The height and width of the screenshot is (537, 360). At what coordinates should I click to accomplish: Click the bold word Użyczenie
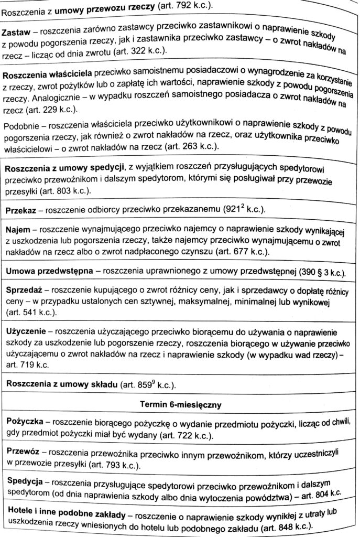tap(26, 332)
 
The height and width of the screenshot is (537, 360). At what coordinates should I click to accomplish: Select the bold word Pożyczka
tap(25, 423)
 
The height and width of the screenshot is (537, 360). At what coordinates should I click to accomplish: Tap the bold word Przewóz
tap(23, 452)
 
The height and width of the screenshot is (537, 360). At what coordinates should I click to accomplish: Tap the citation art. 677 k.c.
tap(240, 252)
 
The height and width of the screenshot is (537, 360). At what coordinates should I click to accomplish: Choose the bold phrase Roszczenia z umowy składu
tap(61, 384)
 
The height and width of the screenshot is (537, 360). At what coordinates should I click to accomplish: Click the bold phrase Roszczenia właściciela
tap(50, 75)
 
